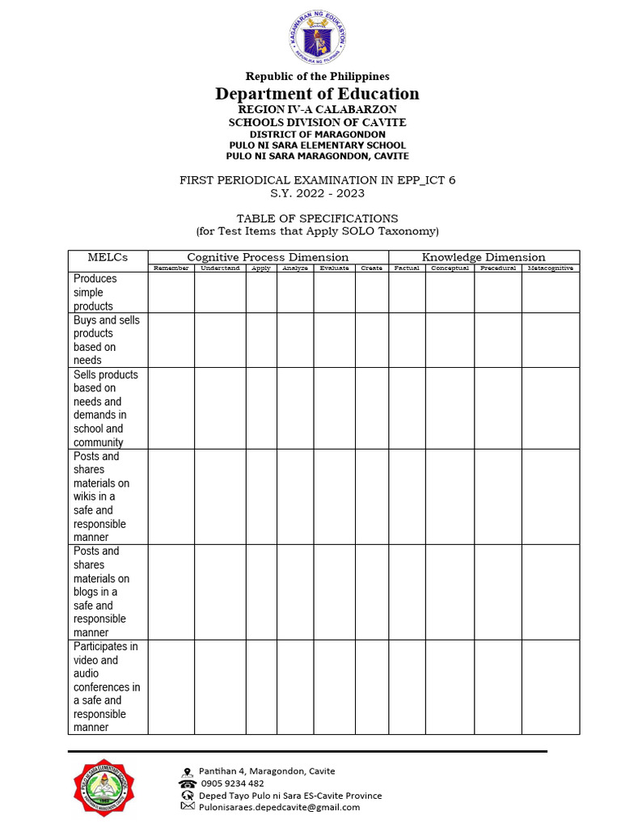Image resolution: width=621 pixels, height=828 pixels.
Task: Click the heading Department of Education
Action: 317,94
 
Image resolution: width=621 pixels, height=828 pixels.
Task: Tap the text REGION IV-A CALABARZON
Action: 317,109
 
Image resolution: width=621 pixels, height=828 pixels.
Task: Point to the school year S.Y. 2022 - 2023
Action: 317,193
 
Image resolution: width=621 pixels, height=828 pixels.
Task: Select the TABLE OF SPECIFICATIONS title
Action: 317,218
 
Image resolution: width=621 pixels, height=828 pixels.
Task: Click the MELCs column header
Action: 108,257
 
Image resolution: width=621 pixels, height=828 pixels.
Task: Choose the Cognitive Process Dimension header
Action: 268,257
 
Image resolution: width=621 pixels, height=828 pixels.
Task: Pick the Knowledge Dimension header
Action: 484,257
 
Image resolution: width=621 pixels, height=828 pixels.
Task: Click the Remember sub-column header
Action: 171,268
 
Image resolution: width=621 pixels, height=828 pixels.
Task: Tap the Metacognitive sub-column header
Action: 550,268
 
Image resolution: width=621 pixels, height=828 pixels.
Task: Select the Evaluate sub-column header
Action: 334,268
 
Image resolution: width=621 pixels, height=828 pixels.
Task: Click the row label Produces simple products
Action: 95,292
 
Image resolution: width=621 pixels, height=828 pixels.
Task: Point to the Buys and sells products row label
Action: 106,340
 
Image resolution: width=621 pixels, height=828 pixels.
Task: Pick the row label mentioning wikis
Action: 101,496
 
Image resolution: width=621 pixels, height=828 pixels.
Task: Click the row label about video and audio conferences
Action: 106,686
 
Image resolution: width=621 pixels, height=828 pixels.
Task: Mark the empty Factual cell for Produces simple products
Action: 407,292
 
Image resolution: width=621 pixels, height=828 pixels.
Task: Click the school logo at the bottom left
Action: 104,789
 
